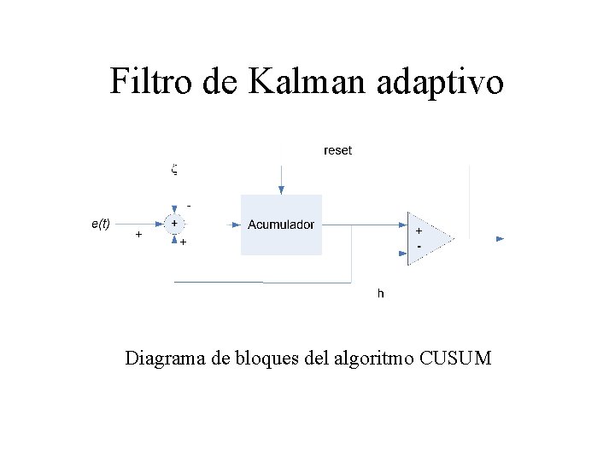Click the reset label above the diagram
(337, 150)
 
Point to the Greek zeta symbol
(173, 169)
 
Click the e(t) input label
(100, 224)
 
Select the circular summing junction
(174, 225)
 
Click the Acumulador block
(281, 225)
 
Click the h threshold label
(381, 294)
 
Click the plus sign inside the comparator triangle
(419, 230)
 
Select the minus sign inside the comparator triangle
(419, 247)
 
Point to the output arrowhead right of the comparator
(501, 239)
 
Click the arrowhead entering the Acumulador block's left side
(236, 225)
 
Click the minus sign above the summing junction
(189, 206)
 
